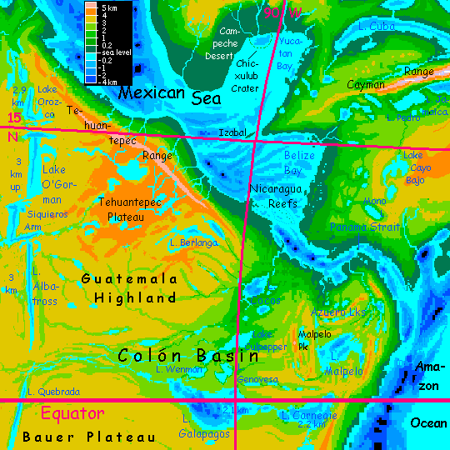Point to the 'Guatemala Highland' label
click(128, 287)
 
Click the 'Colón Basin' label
click(188, 355)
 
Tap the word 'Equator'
click(72, 413)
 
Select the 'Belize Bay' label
click(304, 162)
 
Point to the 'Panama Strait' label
click(359, 227)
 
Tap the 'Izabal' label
click(232, 132)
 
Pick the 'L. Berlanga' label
click(192, 242)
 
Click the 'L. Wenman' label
click(180, 368)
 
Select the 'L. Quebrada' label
click(53, 391)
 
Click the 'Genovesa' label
click(257, 379)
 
